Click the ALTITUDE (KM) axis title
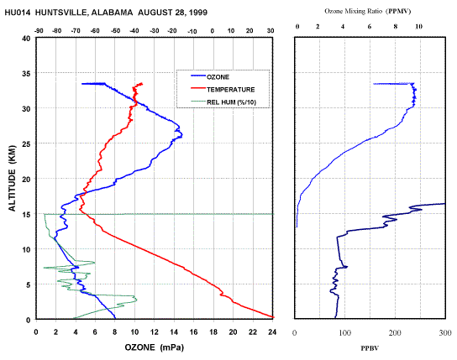pyautogui.click(x=12, y=178)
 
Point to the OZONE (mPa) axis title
pyautogui.click(x=155, y=347)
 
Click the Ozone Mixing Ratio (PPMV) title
pyautogui.click(x=368, y=12)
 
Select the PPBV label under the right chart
pyautogui.click(x=370, y=348)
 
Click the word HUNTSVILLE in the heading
pyautogui.click(x=62, y=13)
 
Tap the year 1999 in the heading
pyautogui.click(x=198, y=13)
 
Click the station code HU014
pyautogui.click(x=17, y=13)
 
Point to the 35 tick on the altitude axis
pyautogui.click(x=26, y=73)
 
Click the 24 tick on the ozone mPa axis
pyautogui.click(x=272, y=332)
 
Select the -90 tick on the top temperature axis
pyautogui.click(x=39, y=31)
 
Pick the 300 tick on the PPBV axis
pyautogui.click(x=445, y=332)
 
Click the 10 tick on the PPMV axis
pyautogui.click(x=418, y=27)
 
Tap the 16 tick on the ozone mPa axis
pyautogui.click(x=193, y=332)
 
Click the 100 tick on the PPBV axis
pyautogui.click(x=344, y=332)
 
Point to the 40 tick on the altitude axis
pyautogui.click(x=26, y=39)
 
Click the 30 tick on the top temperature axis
pyautogui.click(x=271, y=31)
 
